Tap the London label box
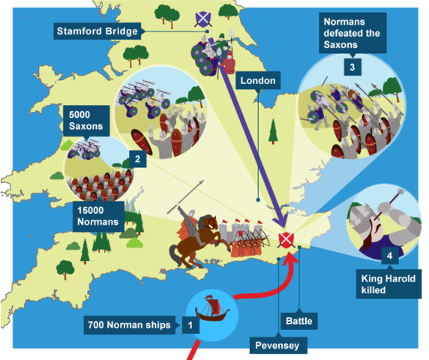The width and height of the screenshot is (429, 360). [x=257, y=80]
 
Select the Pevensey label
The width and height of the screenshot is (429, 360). [x=277, y=346]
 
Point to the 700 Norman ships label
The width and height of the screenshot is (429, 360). [x=130, y=325]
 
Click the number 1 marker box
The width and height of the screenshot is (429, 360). [x=190, y=325]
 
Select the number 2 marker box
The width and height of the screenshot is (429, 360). [x=136, y=159]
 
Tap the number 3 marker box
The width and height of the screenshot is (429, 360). [x=350, y=67]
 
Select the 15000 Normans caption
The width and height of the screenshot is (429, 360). [x=98, y=215]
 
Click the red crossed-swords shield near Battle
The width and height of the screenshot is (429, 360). [x=286, y=241]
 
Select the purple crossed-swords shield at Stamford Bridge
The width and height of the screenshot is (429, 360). [x=201, y=18]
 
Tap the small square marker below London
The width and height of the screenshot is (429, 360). [x=257, y=199]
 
